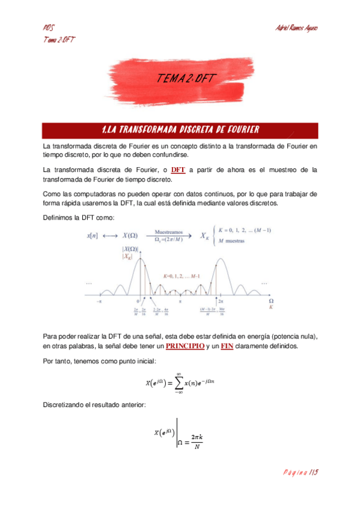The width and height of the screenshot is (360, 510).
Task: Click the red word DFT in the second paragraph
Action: pyautogui.click(x=178, y=170)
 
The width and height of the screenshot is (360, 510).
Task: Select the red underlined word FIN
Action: pyautogui.click(x=227, y=346)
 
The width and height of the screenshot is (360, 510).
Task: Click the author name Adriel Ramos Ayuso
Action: pyautogui.click(x=296, y=28)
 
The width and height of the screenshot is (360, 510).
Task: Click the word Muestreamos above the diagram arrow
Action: pyautogui.click(x=173, y=230)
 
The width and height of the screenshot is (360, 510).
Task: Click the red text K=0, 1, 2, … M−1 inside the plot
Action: pyautogui.click(x=180, y=275)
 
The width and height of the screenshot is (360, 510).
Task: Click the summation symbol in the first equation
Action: pyautogui.click(x=178, y=383)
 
